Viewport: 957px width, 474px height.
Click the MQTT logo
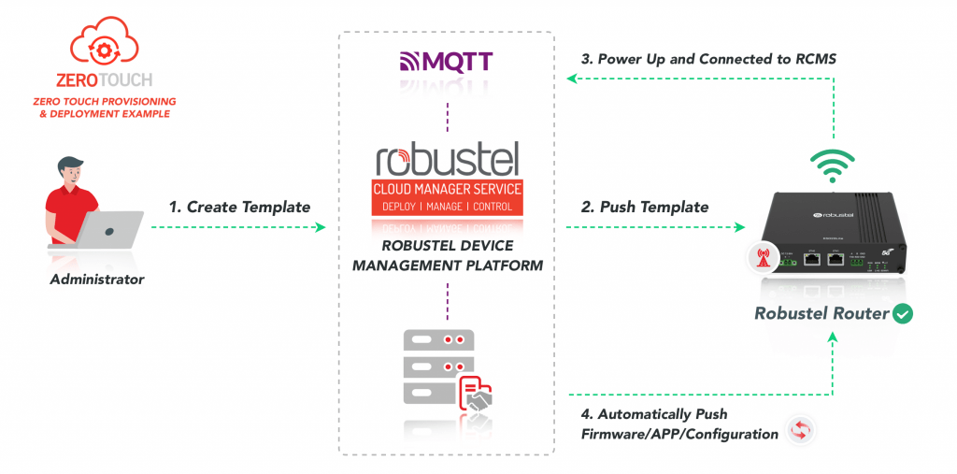pos(446,62)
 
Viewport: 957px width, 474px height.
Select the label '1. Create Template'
pos(239,207)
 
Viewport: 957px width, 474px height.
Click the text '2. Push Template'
pos(645,207)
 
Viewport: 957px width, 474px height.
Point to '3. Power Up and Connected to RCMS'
pos(708,59)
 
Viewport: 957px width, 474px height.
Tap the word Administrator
pos(96,278)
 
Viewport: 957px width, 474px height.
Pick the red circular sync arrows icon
pos(801,430)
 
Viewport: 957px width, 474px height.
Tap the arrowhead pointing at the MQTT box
pos(572,79)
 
